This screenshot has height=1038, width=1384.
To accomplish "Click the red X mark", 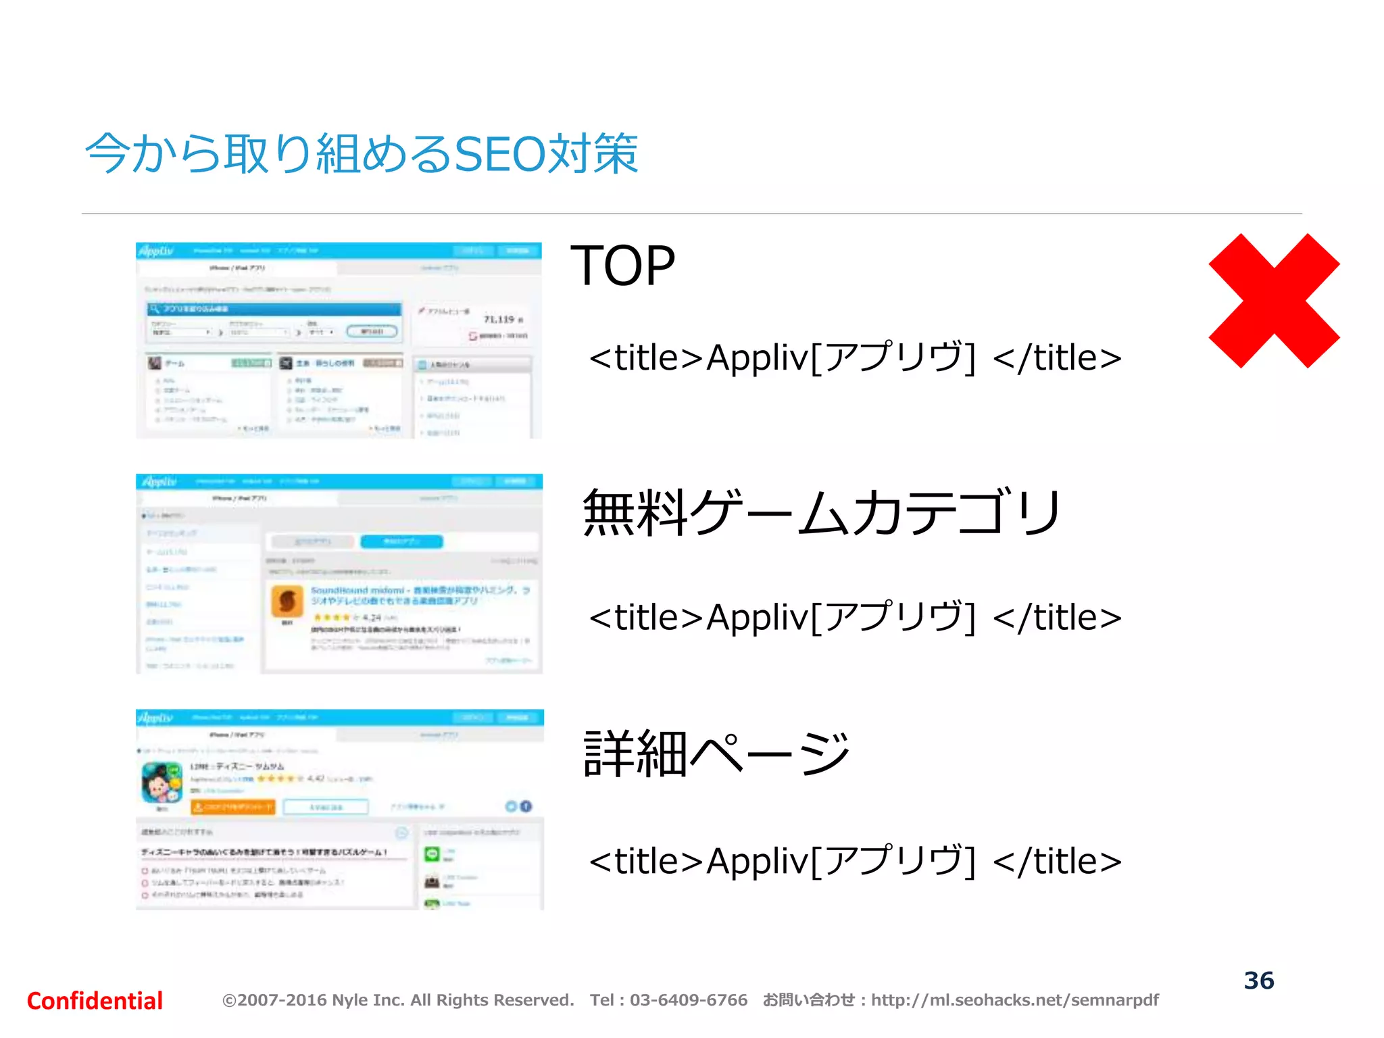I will click(x=1273, y=301).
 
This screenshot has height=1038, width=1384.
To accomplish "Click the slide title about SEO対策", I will click(x=362, y=154).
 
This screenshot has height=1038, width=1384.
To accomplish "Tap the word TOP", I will click(x=622, y=266).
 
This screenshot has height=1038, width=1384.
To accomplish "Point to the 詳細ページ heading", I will click(x=716, y=754).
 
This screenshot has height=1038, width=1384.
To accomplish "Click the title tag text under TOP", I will click(x=855, y=357).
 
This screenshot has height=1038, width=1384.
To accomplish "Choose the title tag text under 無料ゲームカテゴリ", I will click(x=855, y=617).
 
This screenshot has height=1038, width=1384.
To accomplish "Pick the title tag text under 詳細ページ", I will click(x=855, y=861).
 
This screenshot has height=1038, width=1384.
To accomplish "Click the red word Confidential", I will click(x=95, y=1001).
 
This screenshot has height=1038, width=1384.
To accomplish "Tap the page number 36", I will click(x=1259, y=981).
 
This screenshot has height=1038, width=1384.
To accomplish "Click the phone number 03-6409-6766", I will click(x=688, y=1000).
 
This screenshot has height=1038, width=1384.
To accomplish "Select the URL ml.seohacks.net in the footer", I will click(x=1014, y=1000).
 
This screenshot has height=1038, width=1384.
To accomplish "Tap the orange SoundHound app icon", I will click(x=287, y=601).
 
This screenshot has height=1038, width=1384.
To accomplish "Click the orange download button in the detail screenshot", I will click(x=233, y=807).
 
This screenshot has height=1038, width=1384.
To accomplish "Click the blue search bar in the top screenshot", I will click(x=274, y=309).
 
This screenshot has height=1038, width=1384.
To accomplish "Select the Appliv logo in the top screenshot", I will click(x=156, y=251).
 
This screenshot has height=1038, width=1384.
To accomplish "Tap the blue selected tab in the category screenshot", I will click(x=401, y=541).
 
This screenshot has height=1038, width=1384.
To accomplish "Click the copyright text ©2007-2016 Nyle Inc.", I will click(x=397, y=1000).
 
